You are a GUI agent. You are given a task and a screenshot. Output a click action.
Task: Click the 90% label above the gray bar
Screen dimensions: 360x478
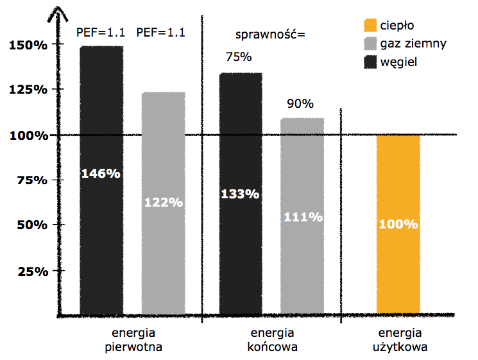pyautogui.click(x=300, y=103)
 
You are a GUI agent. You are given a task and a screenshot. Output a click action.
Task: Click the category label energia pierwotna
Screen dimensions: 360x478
pyautogui.click(x=134, y=341)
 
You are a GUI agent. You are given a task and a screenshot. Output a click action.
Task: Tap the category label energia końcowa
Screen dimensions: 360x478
pyautogui.click(x=272, y=341)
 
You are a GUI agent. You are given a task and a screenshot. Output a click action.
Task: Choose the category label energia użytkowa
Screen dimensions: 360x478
pyautogui.click(x=400, y=341)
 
